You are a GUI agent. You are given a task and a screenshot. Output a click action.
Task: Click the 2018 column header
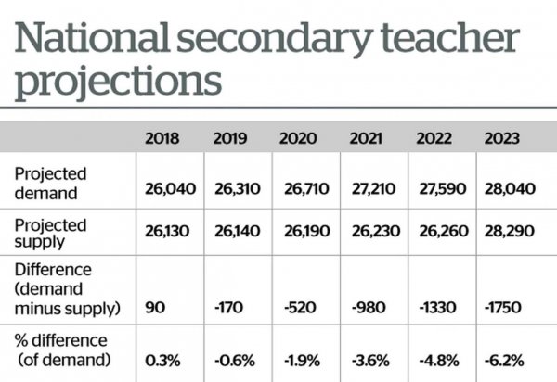(x=162, y=138)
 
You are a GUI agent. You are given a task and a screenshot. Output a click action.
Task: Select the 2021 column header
(x=366, y=138)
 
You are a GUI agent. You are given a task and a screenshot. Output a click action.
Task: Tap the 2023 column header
(x=502, y=138)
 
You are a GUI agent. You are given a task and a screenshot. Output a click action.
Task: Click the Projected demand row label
(x=50, y=184)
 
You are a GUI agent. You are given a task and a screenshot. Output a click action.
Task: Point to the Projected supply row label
(x=50, y=234)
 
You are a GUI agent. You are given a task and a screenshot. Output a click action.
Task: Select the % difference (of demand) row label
(x=61, y=350)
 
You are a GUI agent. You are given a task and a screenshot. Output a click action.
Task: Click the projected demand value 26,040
(x=170, y=189)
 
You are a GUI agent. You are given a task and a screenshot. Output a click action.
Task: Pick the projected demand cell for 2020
(x=306, y=189)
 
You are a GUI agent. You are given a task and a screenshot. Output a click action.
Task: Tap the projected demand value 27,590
(x=443, y=189)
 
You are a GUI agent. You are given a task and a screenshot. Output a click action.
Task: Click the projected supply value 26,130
(x=167, y=231)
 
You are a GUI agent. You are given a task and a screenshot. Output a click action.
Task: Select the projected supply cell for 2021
(x=376, y=231)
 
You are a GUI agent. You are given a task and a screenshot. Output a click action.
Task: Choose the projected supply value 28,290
(x=510, y=231)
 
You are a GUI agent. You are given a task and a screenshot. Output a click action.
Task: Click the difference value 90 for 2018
(x=155, y=307)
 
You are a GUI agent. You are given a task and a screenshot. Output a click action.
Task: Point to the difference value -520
(x=300, y=307)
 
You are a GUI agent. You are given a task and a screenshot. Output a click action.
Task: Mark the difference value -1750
(x=503, y=307)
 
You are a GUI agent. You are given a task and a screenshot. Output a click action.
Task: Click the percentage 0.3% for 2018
(x=162, y=361)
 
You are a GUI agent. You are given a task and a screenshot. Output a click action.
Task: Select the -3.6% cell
(x=370, y=361)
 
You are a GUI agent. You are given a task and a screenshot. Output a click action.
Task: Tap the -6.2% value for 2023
(x=504, y=361)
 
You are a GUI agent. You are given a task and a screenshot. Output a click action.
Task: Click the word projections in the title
(x=118, y=83)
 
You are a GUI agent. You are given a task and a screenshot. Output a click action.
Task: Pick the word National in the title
(x=92, y=37)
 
